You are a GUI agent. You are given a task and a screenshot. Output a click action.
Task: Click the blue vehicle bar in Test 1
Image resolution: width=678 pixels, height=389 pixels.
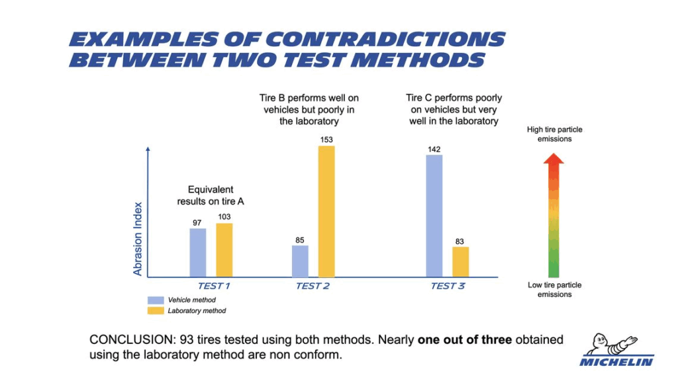click(198, 253)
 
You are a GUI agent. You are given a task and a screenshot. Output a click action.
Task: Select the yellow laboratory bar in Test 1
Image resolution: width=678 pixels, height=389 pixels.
click(224, 250)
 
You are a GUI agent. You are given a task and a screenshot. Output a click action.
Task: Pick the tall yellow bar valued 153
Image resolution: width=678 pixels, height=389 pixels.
click(326, 211)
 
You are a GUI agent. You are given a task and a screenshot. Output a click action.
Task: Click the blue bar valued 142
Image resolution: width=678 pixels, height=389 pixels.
click(434, 216)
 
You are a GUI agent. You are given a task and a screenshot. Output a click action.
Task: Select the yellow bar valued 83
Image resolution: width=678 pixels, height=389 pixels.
click(461, 262)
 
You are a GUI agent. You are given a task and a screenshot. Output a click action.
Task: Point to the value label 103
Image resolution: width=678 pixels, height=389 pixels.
click(224, 217)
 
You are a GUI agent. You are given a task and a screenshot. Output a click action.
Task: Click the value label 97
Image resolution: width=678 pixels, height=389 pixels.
click(197, 223)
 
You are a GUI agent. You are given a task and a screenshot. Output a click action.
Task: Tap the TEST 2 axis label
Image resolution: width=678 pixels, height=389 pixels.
click(313, 286)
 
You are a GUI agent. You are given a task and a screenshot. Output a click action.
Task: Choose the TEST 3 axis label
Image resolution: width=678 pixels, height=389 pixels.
click(448, 286)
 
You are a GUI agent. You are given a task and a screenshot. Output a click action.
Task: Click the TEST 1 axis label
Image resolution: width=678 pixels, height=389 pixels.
click(214, 286)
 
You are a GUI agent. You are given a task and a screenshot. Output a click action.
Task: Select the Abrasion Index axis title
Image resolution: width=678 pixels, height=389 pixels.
click(138, 238)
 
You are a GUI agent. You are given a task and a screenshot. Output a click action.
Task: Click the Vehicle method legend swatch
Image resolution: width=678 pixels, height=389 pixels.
click(156, 300)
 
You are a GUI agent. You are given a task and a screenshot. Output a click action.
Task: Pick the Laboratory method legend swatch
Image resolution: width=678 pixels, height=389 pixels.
click(156, 310)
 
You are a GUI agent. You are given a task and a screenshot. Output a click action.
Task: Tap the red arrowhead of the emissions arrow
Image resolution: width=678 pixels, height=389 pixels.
click(554, 159)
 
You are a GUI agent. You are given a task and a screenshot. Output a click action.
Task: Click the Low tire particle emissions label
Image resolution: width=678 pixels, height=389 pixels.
click(555, 290)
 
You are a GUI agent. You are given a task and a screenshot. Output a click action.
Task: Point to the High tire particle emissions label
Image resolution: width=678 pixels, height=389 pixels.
click(555, 134)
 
